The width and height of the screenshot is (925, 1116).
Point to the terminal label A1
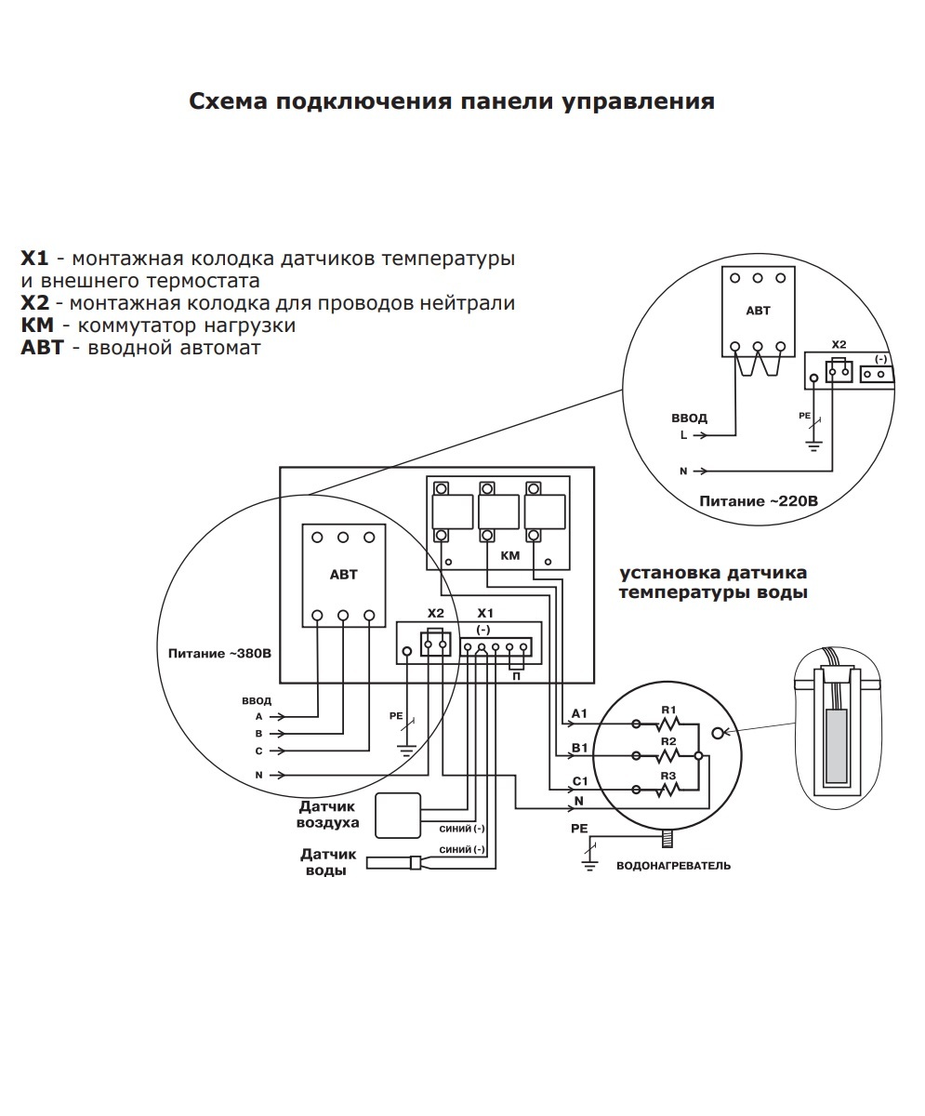pyautogui.click(x=578, y=714)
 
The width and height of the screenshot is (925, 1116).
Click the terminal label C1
pyautogui.click(x=578, y=781)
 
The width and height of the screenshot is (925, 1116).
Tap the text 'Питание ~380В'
pyautogui.click(x=219, y=653)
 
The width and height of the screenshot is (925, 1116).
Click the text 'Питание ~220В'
pyautogui.click(x=759, y=501)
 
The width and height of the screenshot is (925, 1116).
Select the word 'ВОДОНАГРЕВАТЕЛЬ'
pyautogui.click(x=673, y=866)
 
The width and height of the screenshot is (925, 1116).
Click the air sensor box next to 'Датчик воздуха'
pyautogui.click(x=398, y=816)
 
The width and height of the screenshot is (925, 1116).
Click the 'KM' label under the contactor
pyautogui.click(x=509, y=555)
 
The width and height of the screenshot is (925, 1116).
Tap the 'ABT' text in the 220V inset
pyautogui.click(x=759, y=312)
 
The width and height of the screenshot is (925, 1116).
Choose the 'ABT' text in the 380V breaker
pyautogui.click(x=343, y=575)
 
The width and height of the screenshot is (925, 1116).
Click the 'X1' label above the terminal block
pyautogui.click(x=484, y=614)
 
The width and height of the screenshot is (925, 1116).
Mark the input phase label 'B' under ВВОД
pyautogui.click(x=258, y=733)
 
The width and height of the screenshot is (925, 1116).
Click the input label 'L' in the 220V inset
pyautogui.click(x=684, y=434)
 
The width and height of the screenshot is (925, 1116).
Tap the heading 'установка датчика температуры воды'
pyautogui.click(x=713, y=582)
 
